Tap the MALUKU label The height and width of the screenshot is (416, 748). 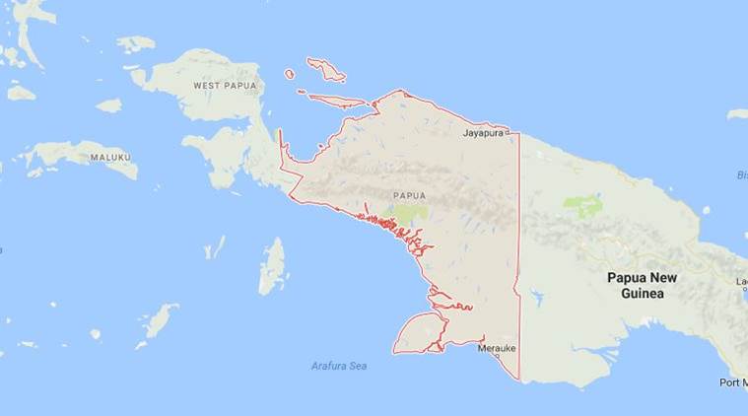click(110, 157)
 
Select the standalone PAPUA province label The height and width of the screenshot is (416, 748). click(408, 195)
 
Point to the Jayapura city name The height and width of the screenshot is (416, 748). click(483, 130)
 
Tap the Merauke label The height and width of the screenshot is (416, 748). click(496, 349)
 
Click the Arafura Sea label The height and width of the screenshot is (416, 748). click(338, 366)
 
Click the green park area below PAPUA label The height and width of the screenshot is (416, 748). click(410, 213)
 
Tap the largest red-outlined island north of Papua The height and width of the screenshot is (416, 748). click(326, 69)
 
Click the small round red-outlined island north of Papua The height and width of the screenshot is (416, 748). click(290, 74)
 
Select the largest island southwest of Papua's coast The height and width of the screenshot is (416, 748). click(272, 266)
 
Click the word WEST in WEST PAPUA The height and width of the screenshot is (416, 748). click(207, 86)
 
